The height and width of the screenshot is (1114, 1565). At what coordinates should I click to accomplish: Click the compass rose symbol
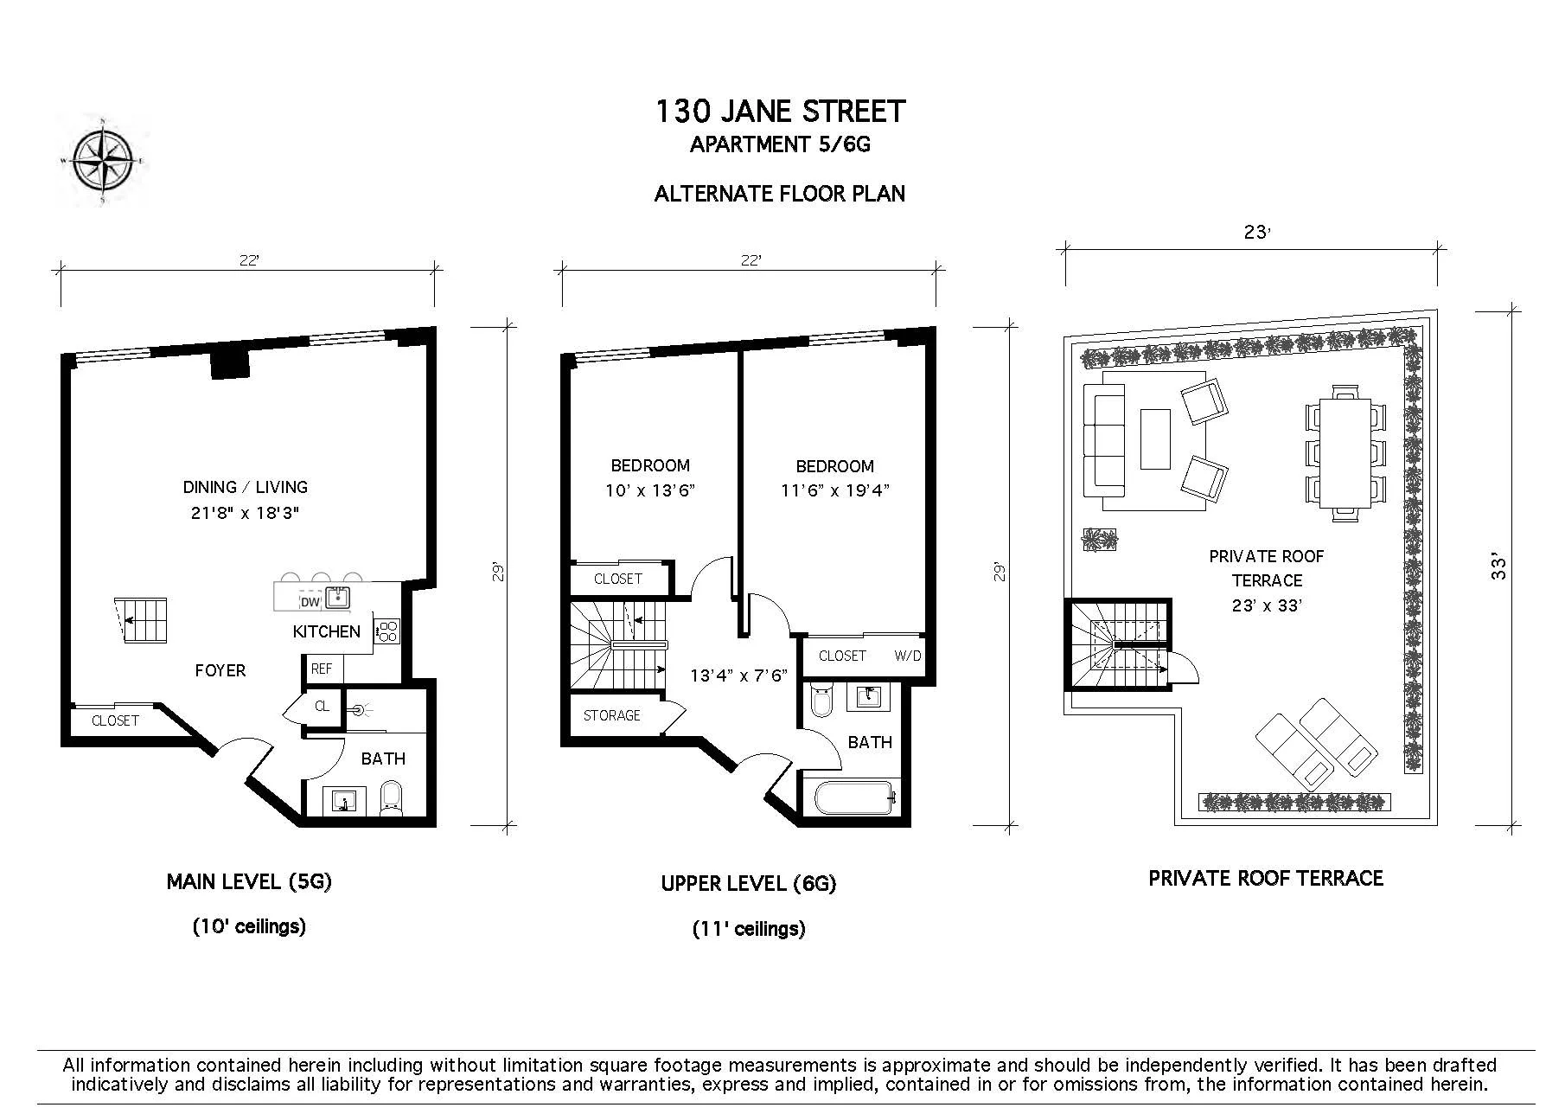[x=103, y=161]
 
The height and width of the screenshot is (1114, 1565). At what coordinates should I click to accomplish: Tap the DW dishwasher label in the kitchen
[x=309, y=602]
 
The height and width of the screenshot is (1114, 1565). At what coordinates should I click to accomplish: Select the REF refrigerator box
[x=323, y=669]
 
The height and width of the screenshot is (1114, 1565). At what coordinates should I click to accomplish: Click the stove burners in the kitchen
[x=387, y=631]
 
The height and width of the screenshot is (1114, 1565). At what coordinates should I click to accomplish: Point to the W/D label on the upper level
[x=907, y=656]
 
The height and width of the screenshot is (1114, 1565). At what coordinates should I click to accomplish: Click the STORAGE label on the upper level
[x=611, y=715]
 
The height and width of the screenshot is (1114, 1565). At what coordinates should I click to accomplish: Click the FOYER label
[x=220, y=670]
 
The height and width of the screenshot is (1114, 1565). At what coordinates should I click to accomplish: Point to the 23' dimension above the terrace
[x=1257, y=233]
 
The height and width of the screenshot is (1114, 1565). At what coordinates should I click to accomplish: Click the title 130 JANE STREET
[x=780, y=112]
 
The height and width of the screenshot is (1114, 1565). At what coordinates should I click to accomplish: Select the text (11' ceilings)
[x=749, y=929]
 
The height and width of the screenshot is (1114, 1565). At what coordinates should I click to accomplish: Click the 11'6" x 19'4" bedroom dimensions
[x=834, y=490]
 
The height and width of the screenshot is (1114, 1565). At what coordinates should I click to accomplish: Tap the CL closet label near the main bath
[x=322, y=707]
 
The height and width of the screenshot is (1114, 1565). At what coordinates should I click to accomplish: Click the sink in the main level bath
[x=344, y=802]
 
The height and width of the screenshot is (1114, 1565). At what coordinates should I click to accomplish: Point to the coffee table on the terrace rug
[x=1155, y=439]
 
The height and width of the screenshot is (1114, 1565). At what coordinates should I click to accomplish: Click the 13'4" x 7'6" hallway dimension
[x=738, y=675]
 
